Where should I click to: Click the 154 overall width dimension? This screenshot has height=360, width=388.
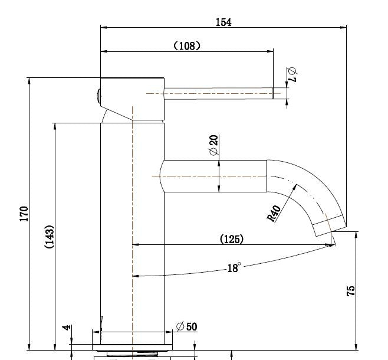(223, 22)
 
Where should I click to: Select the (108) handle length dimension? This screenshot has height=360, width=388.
(187, 45)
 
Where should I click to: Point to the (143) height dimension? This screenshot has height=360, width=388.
(50, 237)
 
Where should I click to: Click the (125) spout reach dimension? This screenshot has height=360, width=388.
(231, 239)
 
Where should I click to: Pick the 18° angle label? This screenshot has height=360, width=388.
(234, 268)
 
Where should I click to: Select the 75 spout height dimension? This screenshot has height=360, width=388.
(351, 290)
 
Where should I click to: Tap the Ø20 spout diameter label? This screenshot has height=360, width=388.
(213, 145)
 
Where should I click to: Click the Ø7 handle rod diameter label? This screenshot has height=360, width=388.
(293, 74)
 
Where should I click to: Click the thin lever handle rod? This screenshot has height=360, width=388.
(218, 93)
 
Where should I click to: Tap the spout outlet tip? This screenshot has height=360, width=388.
(330, 227)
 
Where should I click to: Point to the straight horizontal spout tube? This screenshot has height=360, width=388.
(215, 176)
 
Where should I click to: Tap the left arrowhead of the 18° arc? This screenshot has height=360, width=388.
(135, 276)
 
